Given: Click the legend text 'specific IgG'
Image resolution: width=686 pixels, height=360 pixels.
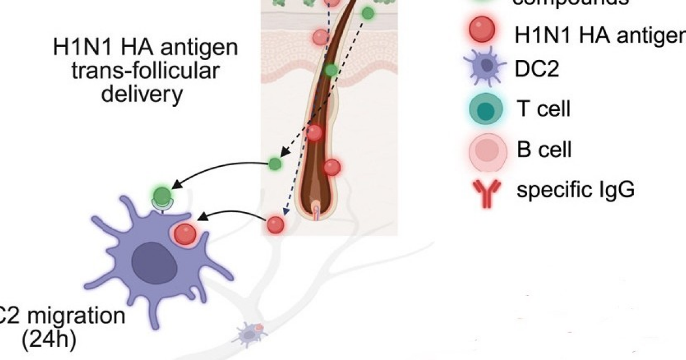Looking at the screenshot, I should click(575, 190).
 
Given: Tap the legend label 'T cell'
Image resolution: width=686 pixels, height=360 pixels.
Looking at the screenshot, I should click(543, 108).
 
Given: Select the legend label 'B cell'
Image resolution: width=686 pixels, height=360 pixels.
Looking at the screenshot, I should click(544, 150).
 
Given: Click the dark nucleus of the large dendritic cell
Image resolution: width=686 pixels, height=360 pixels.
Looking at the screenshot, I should click(153, 261).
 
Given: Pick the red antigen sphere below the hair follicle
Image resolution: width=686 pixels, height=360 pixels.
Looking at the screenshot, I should click(276, 225).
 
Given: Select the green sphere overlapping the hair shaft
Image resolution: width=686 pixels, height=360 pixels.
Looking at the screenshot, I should click(331, 70).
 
